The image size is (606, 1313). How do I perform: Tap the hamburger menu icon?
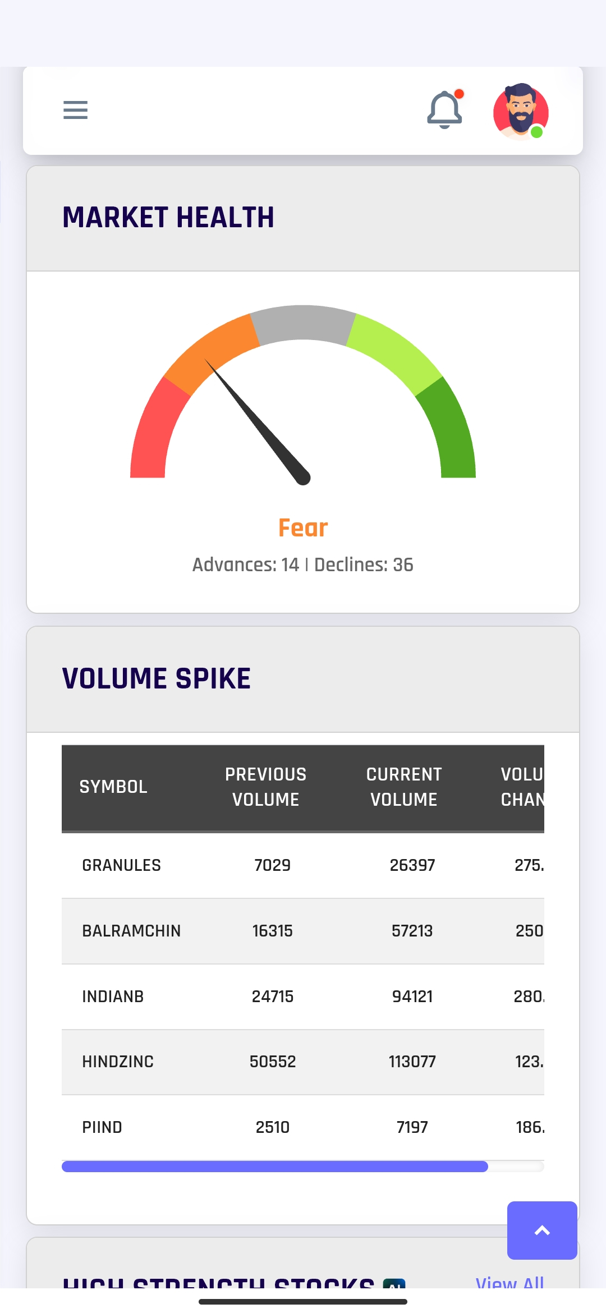[x=75, y=110]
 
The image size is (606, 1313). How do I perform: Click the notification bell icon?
[x=444, y=110]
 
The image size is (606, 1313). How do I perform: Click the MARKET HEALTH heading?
[x=168, y=218]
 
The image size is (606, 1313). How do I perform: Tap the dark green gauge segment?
[x=452, y=432]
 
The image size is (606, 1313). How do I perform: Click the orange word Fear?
[x=303, y=528]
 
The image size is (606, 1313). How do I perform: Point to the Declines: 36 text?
[x=364, y=564]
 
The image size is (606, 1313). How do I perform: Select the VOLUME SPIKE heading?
[x=157, y=678]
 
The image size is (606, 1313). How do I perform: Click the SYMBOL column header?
[x=113, y=787]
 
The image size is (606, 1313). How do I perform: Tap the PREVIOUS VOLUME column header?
[x=266, y=787]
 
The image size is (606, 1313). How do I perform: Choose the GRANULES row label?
[x=121, y=865]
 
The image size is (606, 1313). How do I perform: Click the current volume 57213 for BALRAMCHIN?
[x=412, y=931]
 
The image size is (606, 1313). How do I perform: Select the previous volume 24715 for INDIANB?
[x=273, y=997]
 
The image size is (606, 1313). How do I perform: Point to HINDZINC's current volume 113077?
[x=412, y=1062]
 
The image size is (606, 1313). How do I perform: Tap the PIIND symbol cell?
[x=102, y=1127]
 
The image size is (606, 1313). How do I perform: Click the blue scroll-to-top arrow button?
[x=542, y=1231]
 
